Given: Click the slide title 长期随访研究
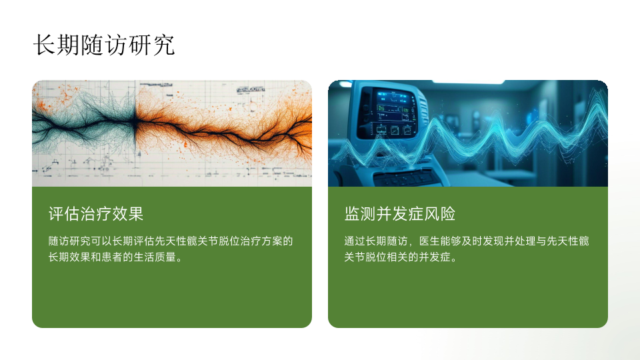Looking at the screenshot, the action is pyautogui.click(x=104, y=45).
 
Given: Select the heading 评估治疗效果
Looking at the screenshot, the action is pyautogui.click(x=96, y=214).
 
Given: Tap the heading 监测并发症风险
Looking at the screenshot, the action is pyautogui.click(x=399, y=214).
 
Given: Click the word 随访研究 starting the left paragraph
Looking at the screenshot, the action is pyautogui.click(x=69, y=241).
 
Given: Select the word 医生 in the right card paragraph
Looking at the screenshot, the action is pyautogui.click(x=430, y=241).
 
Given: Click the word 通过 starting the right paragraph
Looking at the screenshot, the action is pyautogui.click(x=355, y=241).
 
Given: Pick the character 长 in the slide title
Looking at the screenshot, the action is pyautogui.click(x=44, y=45).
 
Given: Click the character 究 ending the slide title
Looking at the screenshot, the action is pyautogui.click(x=164, y=45).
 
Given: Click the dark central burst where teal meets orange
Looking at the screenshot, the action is pyautogui.click(x=134, y=121).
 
